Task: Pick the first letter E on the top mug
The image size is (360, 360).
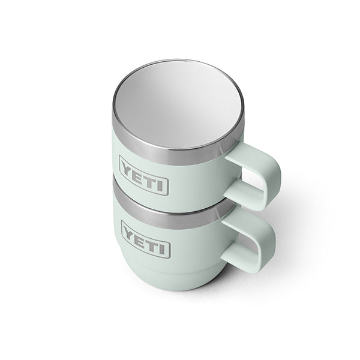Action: point(140,173)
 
